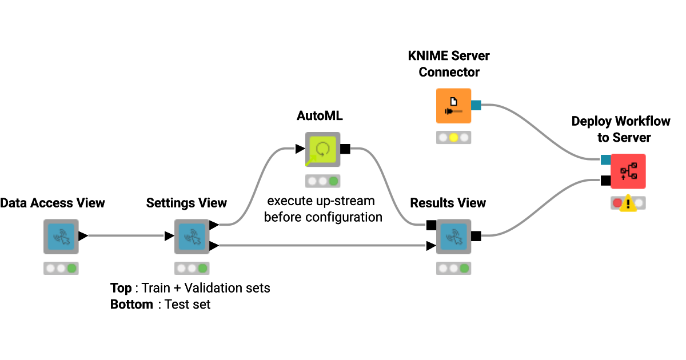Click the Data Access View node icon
[61, 237]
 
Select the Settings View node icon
[192, 237]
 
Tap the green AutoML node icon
[322, 150]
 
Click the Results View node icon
[453, 237]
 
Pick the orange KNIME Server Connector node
[453, 106]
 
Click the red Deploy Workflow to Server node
[628, 171]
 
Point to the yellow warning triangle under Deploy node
[628, 203]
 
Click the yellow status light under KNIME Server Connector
[453, 138]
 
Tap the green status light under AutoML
[333, 181]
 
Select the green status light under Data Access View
[71, 268]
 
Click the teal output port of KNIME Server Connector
[476, 105]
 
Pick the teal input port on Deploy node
[605, 160]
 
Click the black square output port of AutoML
[345, 150]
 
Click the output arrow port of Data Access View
[83, 235]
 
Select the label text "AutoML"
[320, 116]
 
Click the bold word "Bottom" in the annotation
[131, 305]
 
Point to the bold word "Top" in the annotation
[121, 287]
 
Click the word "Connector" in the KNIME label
[449, 73]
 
